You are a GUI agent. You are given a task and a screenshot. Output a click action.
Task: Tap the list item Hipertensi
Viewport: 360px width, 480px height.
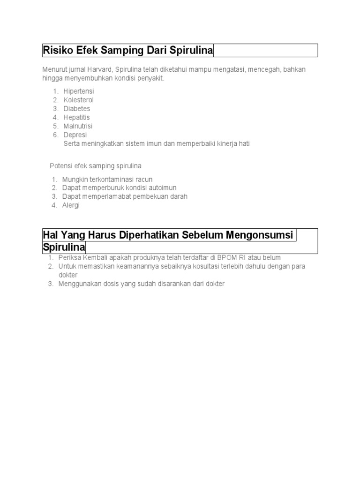coord(79,91)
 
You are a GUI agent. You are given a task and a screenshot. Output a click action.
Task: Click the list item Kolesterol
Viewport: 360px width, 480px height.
coord(79,100)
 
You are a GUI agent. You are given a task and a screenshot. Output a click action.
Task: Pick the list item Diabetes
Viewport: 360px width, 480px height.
coord(77,109)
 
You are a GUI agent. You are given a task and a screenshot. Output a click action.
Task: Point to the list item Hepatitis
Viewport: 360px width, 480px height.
coord(76,117)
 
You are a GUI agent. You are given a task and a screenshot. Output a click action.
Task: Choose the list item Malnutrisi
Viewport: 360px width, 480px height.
coord(78,126)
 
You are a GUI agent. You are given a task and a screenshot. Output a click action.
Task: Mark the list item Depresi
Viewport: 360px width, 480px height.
coord(75,135)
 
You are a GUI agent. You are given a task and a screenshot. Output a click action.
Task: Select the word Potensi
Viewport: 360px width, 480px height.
coord(61,166)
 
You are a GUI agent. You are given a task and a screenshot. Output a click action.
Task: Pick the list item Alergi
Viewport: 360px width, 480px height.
coord(71,205)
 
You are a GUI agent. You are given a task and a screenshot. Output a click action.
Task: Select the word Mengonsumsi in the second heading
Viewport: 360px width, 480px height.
coord(260,235)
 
